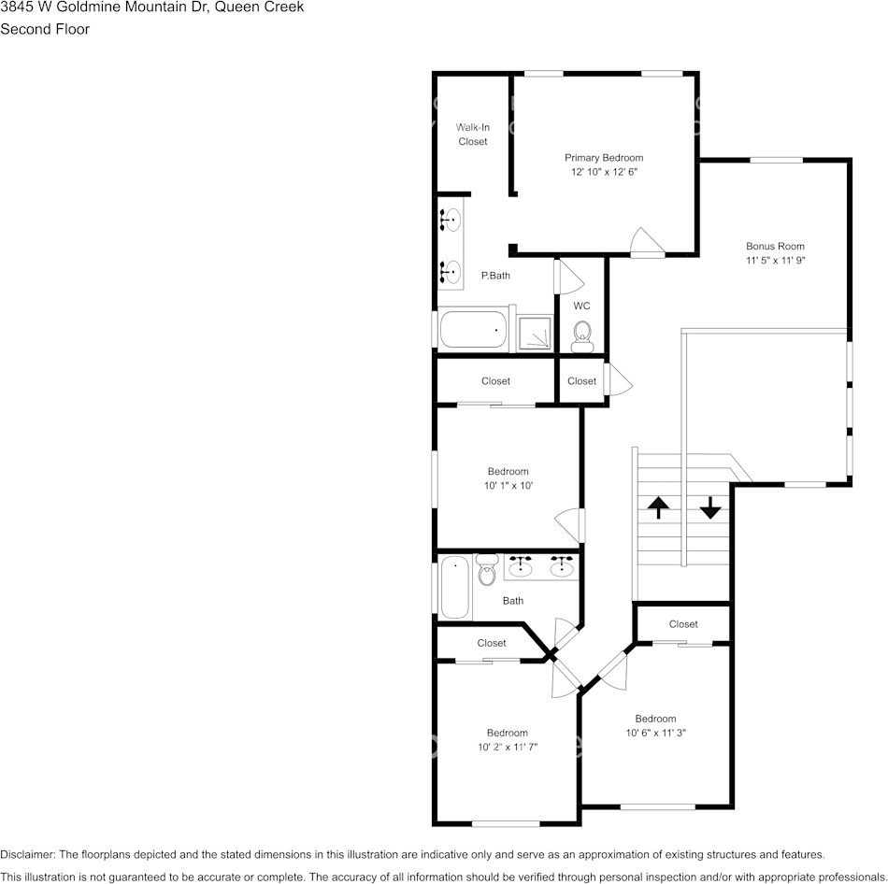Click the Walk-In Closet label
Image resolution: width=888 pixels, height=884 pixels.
click(x=473, y=135)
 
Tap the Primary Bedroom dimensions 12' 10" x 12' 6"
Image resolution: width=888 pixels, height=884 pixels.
click(x=603, y=172)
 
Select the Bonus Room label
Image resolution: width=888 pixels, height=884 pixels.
click(x=775, y=247)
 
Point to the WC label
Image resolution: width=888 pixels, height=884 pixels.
click(x=581, y=306)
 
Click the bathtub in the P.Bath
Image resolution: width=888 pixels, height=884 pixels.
click(x=473, y=330)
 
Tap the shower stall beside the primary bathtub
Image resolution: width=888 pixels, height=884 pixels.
click(x=535, y=333)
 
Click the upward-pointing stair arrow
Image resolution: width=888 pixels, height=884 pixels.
click(x=658, y=507)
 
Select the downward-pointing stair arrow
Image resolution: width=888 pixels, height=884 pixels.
click(x=710, y=507)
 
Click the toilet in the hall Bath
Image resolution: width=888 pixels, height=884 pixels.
click(x=486, y=570)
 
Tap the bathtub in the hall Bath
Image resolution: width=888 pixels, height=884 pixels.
click(x=455, y=587)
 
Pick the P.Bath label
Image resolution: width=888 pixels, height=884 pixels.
click(x=495, y=276)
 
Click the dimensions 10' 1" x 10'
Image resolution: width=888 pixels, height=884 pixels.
click(x=508, y=486)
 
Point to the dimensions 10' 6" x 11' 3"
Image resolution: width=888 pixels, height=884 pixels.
click(x=655, y=733)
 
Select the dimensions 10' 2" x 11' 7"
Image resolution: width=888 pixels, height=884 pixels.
click(x=507, y=747)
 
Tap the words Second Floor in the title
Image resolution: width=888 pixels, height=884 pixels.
click(x=45, y=29)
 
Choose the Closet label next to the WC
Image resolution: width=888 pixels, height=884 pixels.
click(x=581, y=381)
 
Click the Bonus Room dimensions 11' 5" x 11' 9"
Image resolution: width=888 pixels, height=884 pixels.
click(x=775, y=261)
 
